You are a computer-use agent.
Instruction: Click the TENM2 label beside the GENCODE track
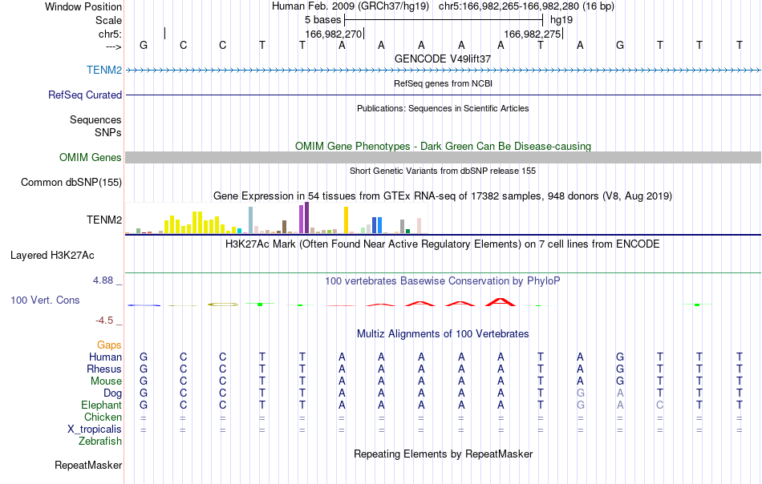104,70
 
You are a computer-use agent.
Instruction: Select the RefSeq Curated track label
85,95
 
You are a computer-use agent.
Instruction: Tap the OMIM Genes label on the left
91,157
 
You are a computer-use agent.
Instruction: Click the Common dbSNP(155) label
71,182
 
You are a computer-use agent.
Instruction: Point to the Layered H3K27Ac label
52,256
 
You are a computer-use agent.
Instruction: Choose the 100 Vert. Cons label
45,300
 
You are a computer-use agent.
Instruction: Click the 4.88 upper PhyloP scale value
103,280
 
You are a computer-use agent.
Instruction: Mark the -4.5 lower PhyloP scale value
104,320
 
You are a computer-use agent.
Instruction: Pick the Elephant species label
102,405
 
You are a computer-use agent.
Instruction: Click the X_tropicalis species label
95,430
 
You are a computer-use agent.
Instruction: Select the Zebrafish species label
100,441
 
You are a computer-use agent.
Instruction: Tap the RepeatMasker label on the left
88,465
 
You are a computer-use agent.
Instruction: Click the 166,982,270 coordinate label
334,34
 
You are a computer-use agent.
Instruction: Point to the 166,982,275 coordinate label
533,34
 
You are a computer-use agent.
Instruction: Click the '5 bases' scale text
323,20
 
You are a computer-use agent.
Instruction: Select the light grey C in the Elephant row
659,405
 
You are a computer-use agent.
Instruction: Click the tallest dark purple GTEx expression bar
306,218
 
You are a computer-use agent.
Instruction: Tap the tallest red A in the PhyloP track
501,302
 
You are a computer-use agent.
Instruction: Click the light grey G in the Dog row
580,393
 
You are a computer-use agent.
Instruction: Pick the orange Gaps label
109,345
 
